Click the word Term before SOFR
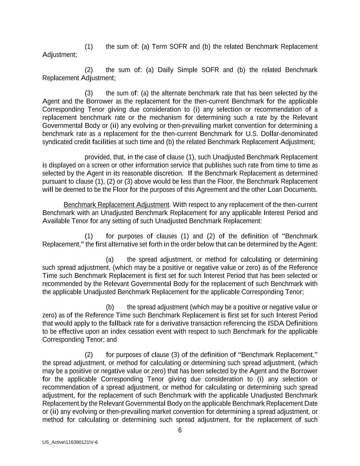tap(159, 46)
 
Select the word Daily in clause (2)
tap(165, 70)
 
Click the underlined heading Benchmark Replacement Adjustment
tap(116, 205)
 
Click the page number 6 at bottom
tap(180, 430)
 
